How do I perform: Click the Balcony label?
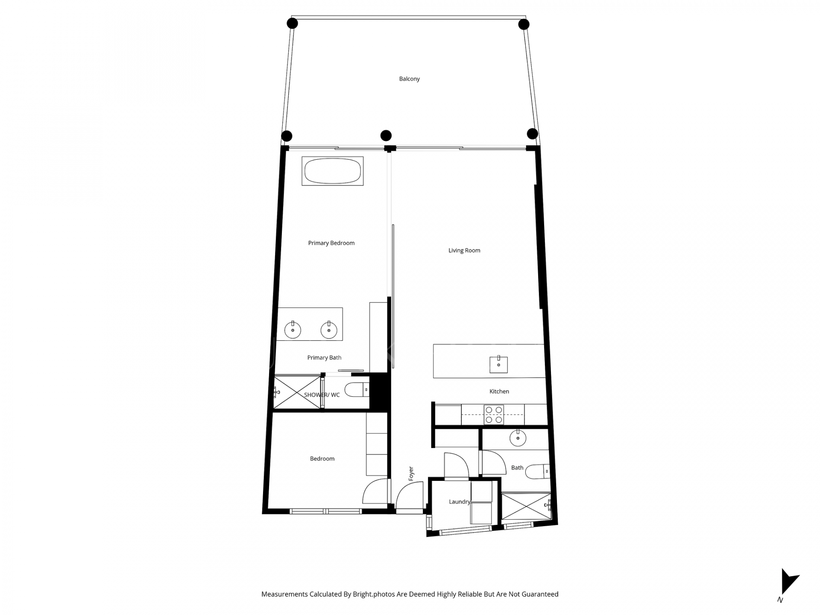pyautogui.click(x=409, y=79)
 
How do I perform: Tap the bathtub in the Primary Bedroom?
pyautogui.click(x=332, y=171)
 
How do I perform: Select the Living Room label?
pyautogui.click(x=464, y=250)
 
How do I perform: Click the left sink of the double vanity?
pyautogui.click(x=293, y=330)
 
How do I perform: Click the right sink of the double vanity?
pyautogui.click(x=329, y=330)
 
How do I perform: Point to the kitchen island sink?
pyautogui.click(x=498, y=364)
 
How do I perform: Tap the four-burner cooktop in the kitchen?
pyautogui.click(x=494, y=415)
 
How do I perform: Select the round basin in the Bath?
pyautogui.click(x=518, y=438)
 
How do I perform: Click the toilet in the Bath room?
pyautogui.click(x=536, y=471)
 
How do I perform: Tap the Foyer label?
pyautogui.click(x=411, y=474)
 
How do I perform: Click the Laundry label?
pyautogui.click(x=459, y=502)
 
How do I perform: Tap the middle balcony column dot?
pyautogui.click(x=386, y=135)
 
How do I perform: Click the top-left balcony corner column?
pyautogui.click(x=292, y=23)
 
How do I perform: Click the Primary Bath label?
pyautogui.click(x=324, y=357)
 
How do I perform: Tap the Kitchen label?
pyautogui.click(x=499, y=391)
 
